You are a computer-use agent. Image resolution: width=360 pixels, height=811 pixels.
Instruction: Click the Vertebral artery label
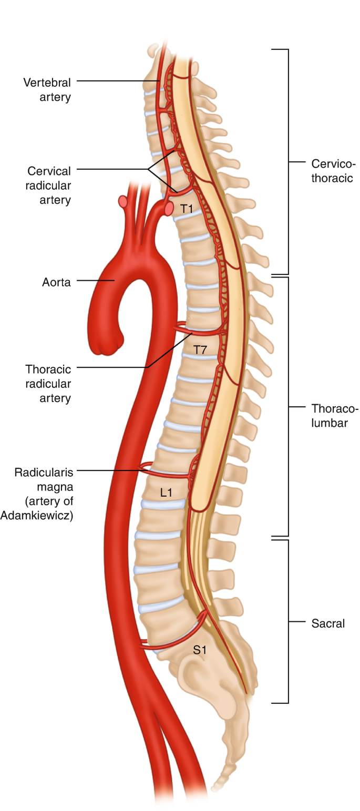click(x=47, y=89)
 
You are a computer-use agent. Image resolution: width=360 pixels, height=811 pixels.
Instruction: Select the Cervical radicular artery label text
click(x=49, y=185)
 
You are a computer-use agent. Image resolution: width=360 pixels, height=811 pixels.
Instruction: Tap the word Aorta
click(x=56, y=282)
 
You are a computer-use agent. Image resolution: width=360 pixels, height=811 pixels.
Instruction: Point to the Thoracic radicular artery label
click(x=48, y=383)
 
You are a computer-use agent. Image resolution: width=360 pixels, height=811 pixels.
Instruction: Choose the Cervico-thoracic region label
click(x=331, y=170)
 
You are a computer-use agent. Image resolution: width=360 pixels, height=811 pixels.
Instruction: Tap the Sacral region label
click(x=327, y=623)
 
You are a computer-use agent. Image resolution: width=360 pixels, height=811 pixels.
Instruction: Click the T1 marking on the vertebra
click(x=187, y=209)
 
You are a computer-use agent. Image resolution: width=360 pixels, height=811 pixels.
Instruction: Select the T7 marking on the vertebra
click(x=200, y=348)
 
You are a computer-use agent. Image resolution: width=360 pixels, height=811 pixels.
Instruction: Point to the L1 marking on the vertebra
click(x=167, y=492)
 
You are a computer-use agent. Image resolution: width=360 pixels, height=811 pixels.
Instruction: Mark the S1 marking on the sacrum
click(x=200, y=650)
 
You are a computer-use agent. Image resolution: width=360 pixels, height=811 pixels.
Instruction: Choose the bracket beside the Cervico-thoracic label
click(x=287, y=162)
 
